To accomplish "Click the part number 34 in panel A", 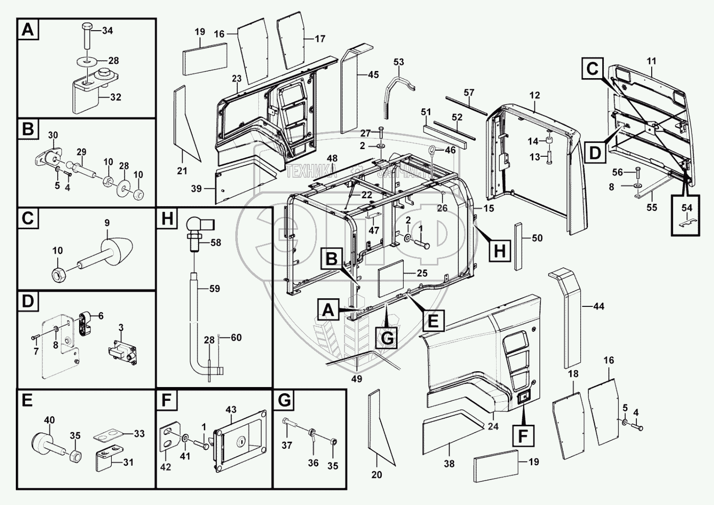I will click(107, 31).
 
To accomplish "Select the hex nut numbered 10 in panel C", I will click(58, 275).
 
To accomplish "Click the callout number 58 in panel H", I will click(215, 243).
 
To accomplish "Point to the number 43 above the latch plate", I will click(231, 410).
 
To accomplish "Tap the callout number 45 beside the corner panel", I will click(373, 75).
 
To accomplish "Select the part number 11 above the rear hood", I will click(651, 61).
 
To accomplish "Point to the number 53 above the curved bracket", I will click(398, 62).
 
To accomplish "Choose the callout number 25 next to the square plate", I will click(422, 273).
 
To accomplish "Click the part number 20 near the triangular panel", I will click(377, 474).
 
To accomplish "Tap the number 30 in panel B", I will click(53, 135).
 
